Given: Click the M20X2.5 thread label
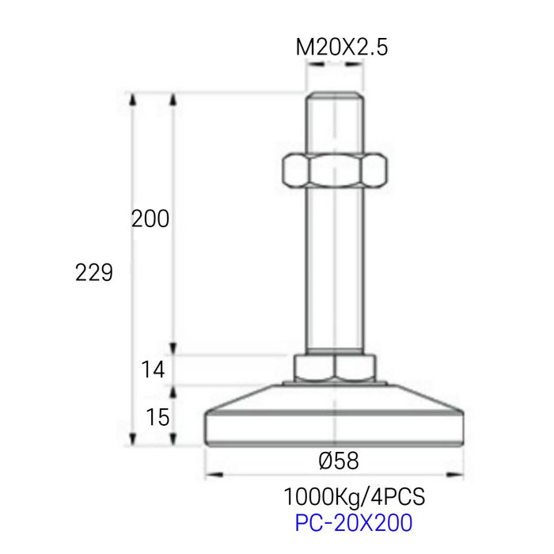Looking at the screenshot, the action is click(x=342, y=47).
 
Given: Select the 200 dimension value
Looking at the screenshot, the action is click(x=150, y=218).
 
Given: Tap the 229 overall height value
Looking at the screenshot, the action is click(x=94, y=272).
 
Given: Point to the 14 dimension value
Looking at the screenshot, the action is click(x=153, y=370).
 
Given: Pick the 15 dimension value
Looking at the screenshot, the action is click(x=157, y=417).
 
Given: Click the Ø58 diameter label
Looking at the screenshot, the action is click(x=339, y=461).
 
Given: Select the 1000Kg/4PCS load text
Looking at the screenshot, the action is click(x=355, y=496).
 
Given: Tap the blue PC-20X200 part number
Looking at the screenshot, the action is click(x=354, y=523).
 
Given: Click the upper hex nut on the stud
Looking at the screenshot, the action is click(x=335, y=169).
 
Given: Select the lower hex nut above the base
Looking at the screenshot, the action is click(x=335, y=368).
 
